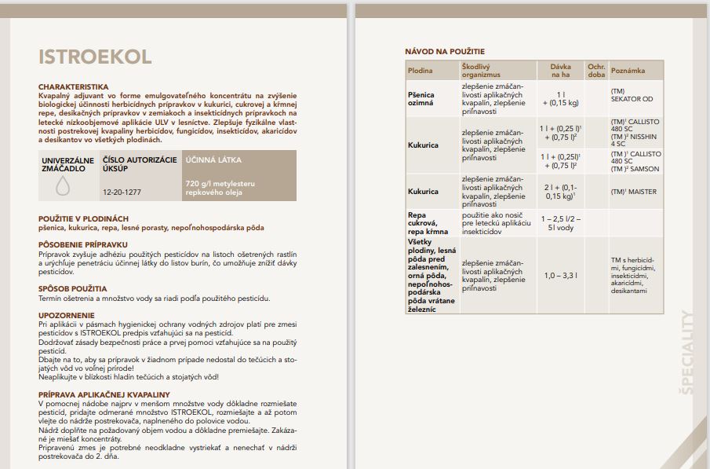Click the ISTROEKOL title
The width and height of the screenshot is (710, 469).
coord(95,58)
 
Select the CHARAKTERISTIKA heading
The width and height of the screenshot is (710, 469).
coord(74,86)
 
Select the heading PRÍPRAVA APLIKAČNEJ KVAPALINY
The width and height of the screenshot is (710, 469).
coord(104,394)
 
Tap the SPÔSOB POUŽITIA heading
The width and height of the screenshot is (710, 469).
coord(72,288)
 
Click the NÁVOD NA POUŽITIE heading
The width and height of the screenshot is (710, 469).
coord(445,52)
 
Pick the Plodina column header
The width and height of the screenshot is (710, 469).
coord(421,71)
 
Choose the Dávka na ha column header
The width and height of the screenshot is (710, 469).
coord(560,71)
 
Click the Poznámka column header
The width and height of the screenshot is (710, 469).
coord(628,71)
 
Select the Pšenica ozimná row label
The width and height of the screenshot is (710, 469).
coord(421,98)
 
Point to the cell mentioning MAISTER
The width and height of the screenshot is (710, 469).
coord(633,192)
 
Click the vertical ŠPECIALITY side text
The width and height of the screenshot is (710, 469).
coord(687,351)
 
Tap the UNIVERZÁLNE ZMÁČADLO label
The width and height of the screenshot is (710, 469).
coord(67,164)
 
